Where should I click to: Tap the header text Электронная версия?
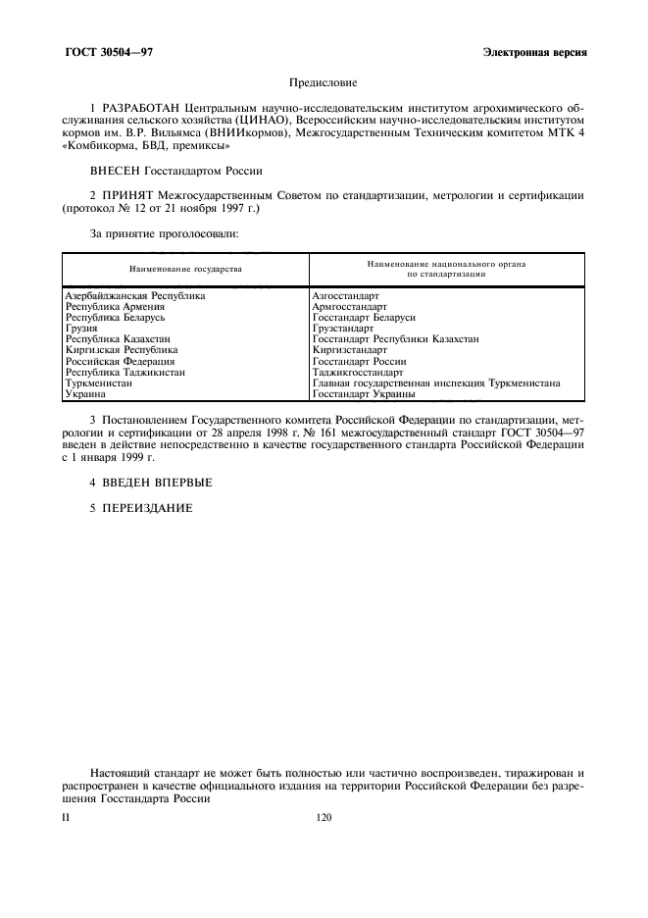(x=534, y=51)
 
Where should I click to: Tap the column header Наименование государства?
(x=185, y=268)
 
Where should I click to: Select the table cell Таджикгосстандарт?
(x=357, y=373)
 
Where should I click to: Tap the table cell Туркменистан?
(x=98, y=383)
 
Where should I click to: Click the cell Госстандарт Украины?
(x=364, y=394)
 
